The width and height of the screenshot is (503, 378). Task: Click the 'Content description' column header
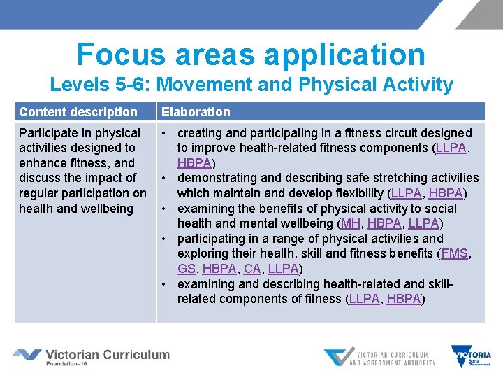(x=78, y=112)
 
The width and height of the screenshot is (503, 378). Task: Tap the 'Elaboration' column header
(x=196, y=112)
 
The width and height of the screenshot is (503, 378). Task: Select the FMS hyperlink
(x=455, y=253)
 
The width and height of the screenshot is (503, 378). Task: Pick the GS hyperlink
(x=186, y=269)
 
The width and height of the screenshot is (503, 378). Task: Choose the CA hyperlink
(x=252, y=269)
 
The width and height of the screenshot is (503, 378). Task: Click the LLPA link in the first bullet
(x=452, y=148)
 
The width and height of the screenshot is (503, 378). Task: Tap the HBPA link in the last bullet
(x=404, y=299)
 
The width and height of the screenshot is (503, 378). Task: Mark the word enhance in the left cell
(x=41, y=163)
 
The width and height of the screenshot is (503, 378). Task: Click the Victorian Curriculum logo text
(x=107, y=355)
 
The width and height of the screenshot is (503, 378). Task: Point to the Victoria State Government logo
(x=471, y=356)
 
